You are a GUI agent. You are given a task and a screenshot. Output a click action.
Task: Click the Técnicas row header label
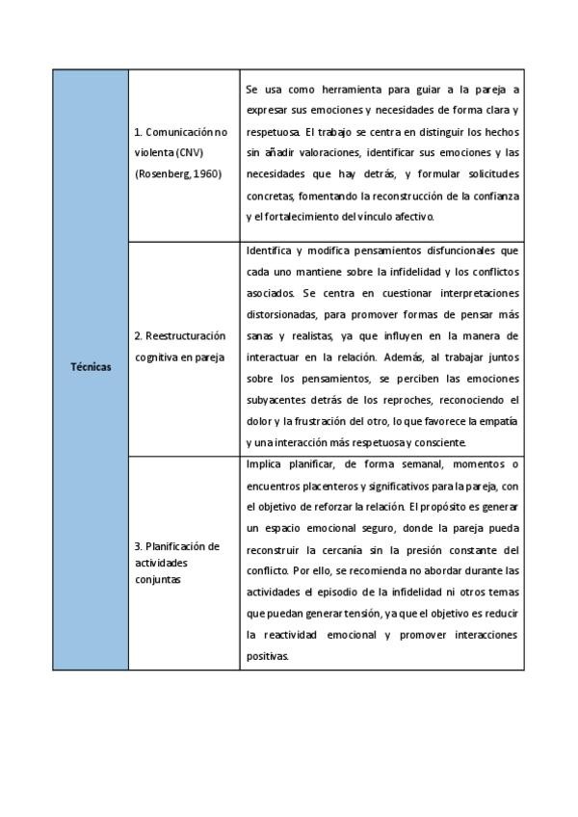(x=91, y=367)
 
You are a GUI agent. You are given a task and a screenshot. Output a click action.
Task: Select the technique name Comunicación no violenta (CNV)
(x=181, y=142)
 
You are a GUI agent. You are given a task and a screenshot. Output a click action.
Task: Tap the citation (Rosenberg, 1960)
(x=179, y=174)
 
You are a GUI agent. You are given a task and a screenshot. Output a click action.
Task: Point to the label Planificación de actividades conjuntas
(x=177, y=563)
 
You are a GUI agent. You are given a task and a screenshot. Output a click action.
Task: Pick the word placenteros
(x=336, y=486)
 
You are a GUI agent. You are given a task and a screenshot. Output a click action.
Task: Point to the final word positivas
(x=268, y=656)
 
